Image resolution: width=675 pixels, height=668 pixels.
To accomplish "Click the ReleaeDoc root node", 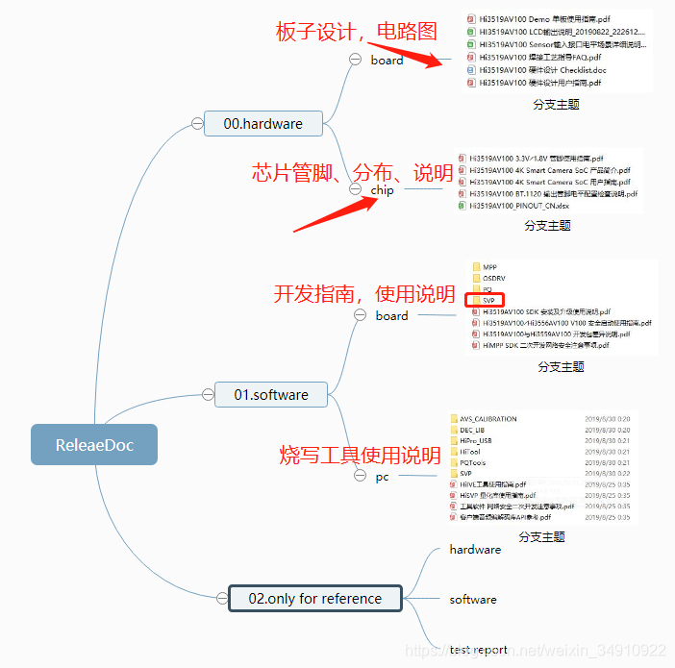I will tap(93, 444).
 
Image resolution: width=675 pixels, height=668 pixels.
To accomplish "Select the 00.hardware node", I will tap(262, 123).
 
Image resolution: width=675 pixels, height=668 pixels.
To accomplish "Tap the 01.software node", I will tap(271, 394).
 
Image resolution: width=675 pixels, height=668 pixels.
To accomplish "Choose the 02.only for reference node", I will tap(314, 598).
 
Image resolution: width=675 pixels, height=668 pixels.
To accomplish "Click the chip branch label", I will tap(382, 190).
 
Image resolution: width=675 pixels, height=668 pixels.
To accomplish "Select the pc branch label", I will tap(382, 477).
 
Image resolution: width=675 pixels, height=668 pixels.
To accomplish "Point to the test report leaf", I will tap(478, 650).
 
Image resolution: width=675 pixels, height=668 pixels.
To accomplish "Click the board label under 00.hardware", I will tap(387, 60).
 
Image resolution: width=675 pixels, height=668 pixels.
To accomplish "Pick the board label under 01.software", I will tap(391, 315).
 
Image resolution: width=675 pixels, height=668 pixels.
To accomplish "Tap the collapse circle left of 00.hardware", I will tap(197, 123).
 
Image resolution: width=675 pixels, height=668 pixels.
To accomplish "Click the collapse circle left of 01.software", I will tap(207, 393).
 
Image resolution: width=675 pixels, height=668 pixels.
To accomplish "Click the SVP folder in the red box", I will tap(490, 300).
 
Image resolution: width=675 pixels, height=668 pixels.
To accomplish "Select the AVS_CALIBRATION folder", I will tap(487, 419).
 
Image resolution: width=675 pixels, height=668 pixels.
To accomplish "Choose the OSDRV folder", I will tap(493, 278).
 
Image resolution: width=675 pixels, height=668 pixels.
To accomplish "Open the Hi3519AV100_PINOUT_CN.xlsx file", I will tap(524, 206).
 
